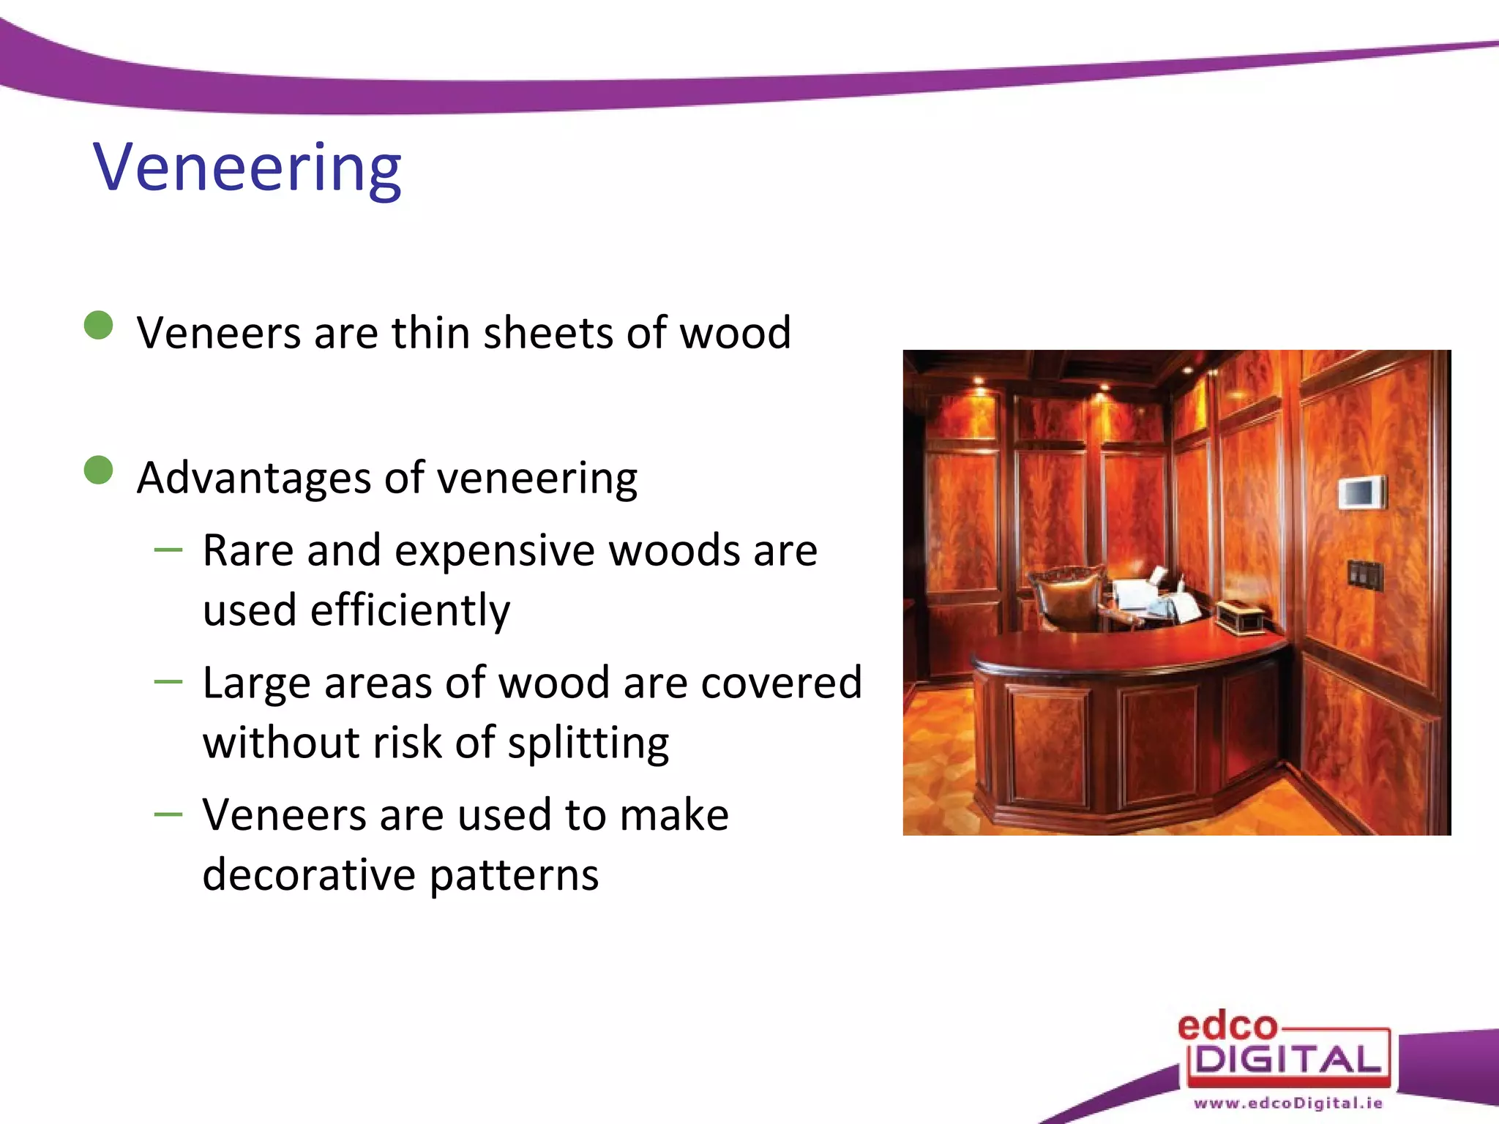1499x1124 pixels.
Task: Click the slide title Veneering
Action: point(247,168)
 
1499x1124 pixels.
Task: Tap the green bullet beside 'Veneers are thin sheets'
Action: point(99,326)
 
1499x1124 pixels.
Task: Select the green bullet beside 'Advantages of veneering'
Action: point(99,471)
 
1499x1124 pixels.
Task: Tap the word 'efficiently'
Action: point(410,611)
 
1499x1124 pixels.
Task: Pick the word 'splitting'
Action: point(588,743)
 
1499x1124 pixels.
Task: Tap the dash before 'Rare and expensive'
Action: point(168,550)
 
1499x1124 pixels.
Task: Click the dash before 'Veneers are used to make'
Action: point(168,814)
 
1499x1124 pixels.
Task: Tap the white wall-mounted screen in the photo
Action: point(1362,492)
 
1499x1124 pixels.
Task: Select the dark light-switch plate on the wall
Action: point(1365,575)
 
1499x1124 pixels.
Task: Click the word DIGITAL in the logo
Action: point(1288,1060)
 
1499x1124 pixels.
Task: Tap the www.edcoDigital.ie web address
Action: point(1288,1103)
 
